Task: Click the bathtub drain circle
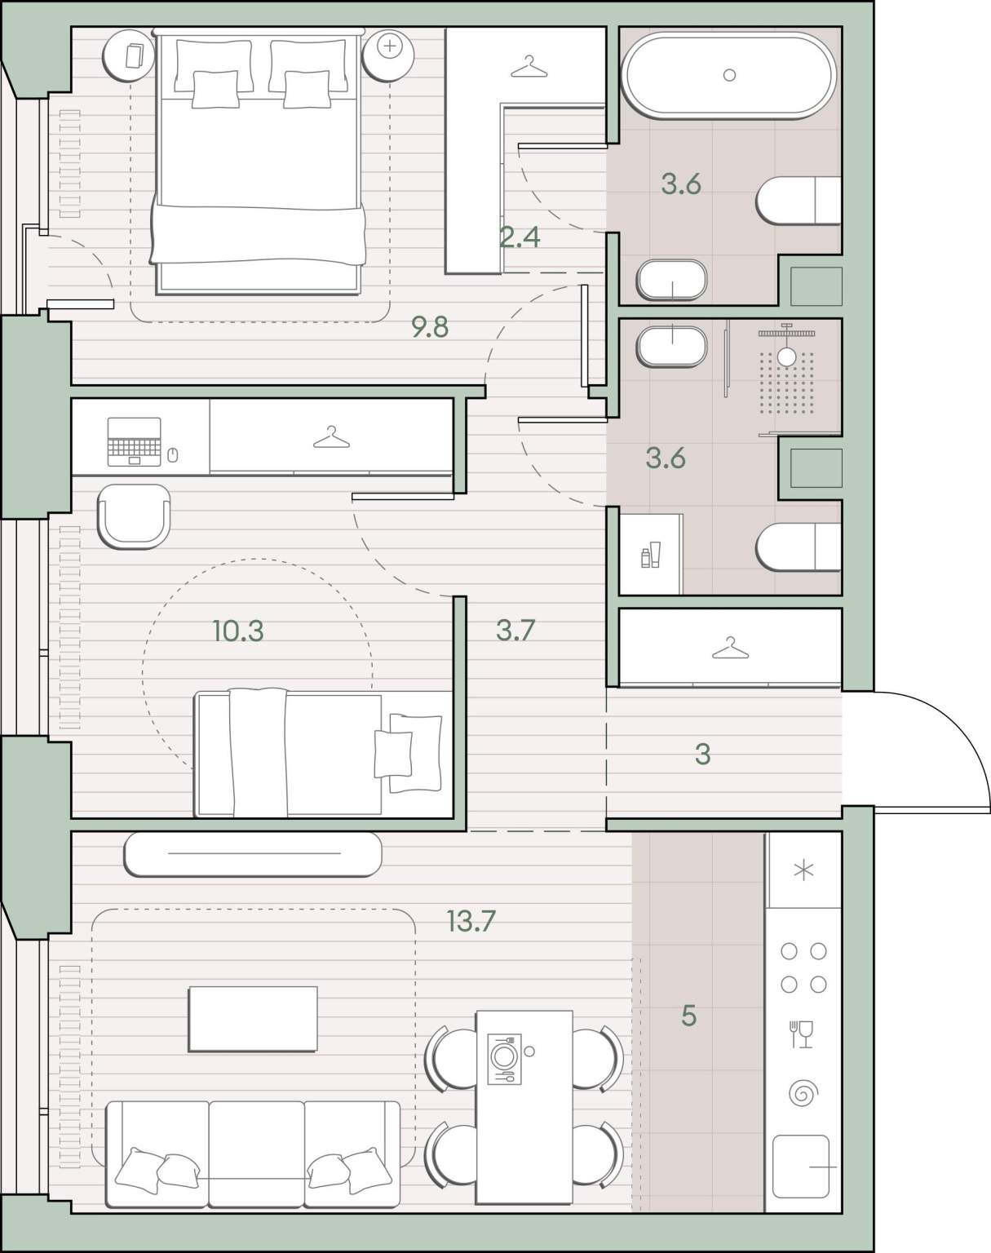point(729,74)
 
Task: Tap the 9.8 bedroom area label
point(430,327)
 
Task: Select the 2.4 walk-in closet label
point(520,237)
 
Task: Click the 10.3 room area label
point(238,631)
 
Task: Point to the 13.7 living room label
point(471,921)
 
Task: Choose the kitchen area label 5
point(688,1016)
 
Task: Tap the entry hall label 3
point(703,754)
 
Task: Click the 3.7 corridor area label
point(515,631)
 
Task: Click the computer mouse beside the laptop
point(172,454)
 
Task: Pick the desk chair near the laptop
point(134,516)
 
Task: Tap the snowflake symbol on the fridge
point(803,870)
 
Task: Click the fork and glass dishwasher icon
point(801,1034)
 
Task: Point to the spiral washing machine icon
point(803,1093)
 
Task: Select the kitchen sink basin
point(801,1167)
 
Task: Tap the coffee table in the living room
point(253,1019)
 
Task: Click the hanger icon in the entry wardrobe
point(730,648)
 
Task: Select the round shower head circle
point(786,357)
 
